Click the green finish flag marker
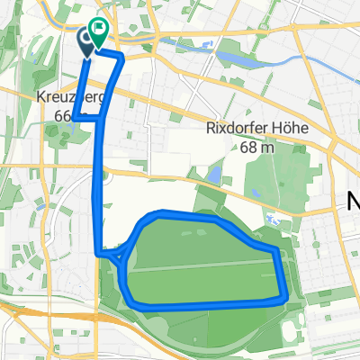pyautogui.click(x=98, y=31)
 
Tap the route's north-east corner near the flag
pyautogui.click(x=121, y=58)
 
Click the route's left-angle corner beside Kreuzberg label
pyautogui.click(x=76, y=116)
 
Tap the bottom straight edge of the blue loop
pyautogui.click(x=207, y=307)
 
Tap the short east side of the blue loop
pyautogui.click(x=282, y=274)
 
